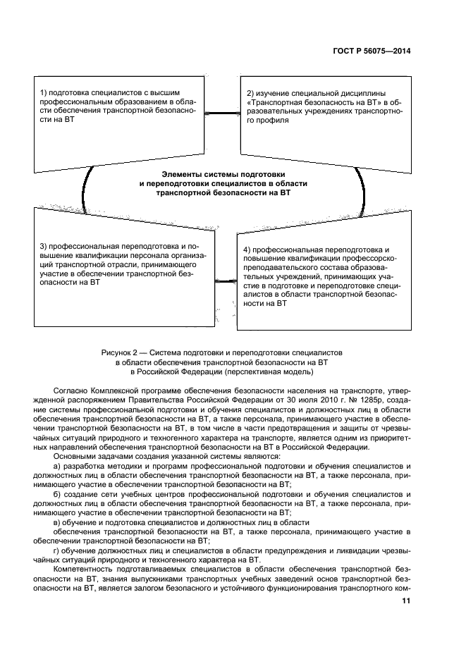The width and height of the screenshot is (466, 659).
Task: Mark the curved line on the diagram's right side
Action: coord(362,187)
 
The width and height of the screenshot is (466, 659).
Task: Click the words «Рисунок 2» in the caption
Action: coord(121,351)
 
